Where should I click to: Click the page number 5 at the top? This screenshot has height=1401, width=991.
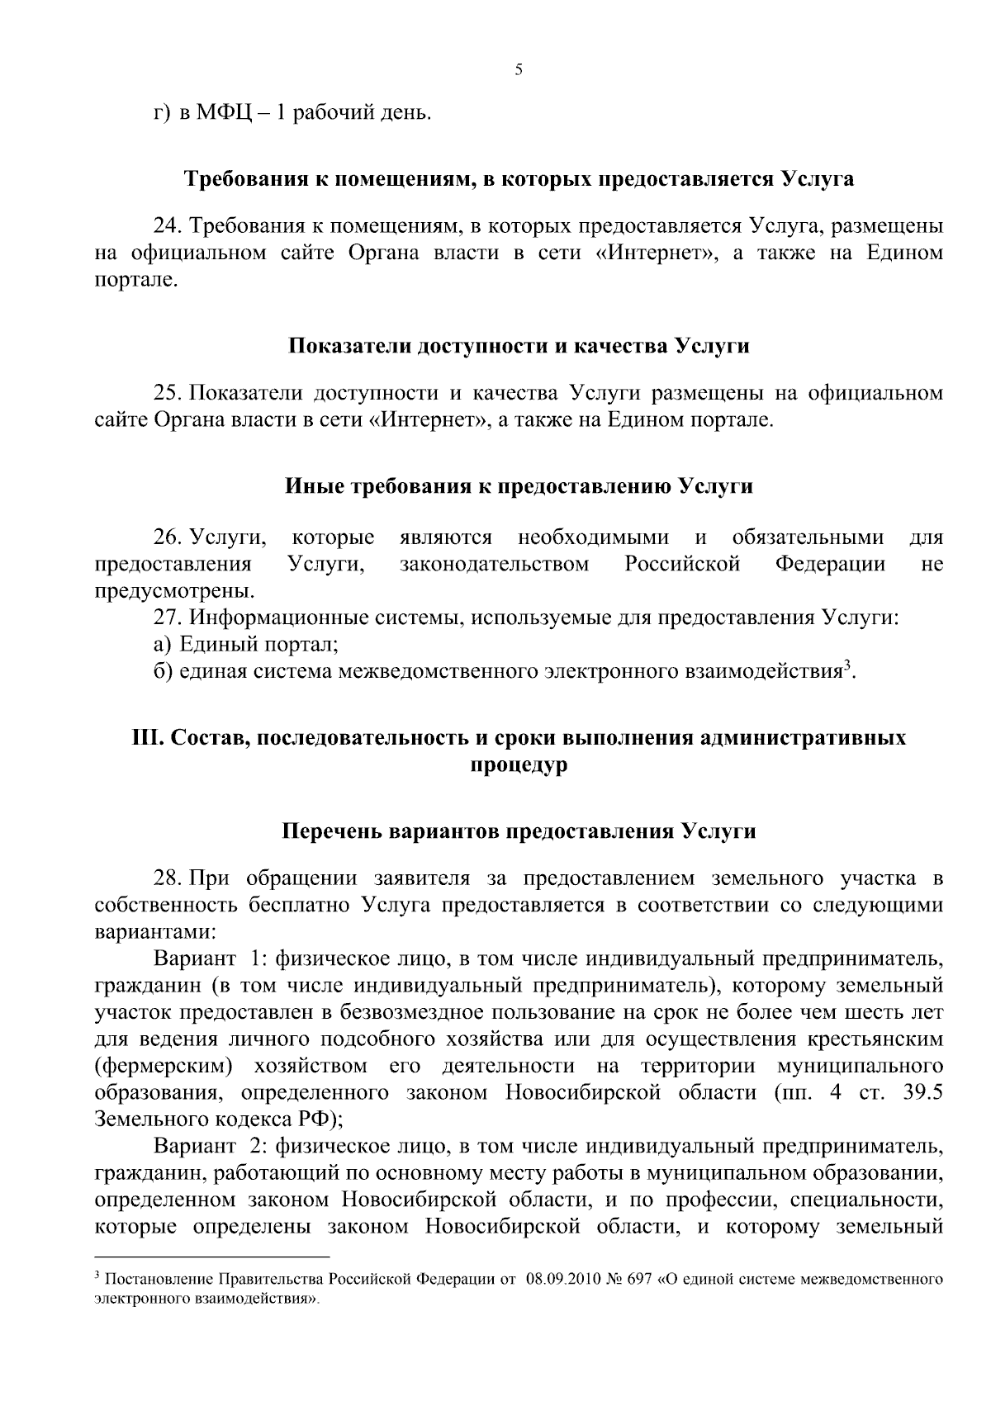point(519,70)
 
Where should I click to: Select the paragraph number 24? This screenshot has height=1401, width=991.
point(167,225)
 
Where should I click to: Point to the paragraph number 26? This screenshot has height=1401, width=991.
point(167,538)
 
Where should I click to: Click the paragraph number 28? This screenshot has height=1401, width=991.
point(167,878)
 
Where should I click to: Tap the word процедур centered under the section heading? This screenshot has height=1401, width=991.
point(519,764)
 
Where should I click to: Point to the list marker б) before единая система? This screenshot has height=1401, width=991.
point(163,671)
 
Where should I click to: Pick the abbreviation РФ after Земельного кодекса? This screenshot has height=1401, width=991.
point(310,1119)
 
